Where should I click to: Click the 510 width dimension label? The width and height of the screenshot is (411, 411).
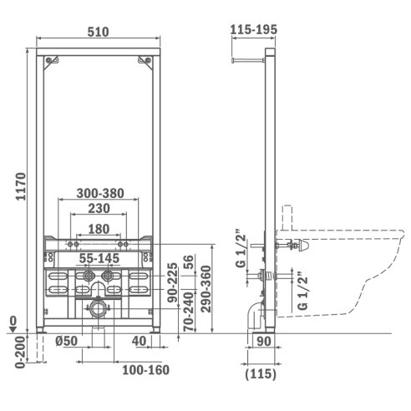(x=98, y=32)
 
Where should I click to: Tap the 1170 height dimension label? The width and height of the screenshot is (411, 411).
(x=21, y=186)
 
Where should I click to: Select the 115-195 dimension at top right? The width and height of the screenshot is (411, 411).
(x=254, y=29)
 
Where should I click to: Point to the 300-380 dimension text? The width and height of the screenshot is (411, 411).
(x=100, y=193)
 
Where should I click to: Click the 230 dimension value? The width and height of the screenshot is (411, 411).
(x=99, y=208)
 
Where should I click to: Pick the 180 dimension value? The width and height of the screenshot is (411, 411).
(x=99, y=229)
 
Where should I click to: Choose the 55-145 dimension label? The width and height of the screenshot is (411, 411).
(x=99, y=258)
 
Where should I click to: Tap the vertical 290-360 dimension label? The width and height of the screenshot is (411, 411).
(x=206, y=289)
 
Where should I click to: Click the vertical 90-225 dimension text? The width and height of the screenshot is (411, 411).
(x=172, y=282)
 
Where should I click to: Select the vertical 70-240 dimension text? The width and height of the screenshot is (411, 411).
(x=189, y=312)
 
